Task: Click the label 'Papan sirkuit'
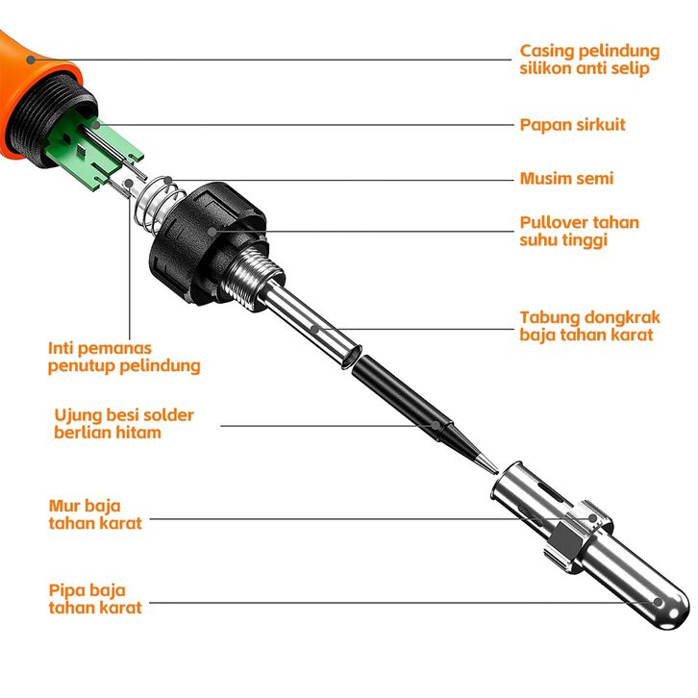click(572, 125)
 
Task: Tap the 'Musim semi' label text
click(566, 179)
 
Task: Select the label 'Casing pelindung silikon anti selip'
click(589, 60)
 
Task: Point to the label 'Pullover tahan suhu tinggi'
click(579, 231)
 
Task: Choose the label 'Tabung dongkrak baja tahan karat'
click(589, 326)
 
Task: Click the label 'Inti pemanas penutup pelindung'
click(124, 357)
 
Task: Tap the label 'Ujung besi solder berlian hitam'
click(124, 424)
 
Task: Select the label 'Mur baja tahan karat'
click(95, 514)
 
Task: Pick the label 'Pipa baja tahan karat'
click(95, 599)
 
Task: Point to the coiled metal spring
click(160, 206)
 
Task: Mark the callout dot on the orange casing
click(31, 60)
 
